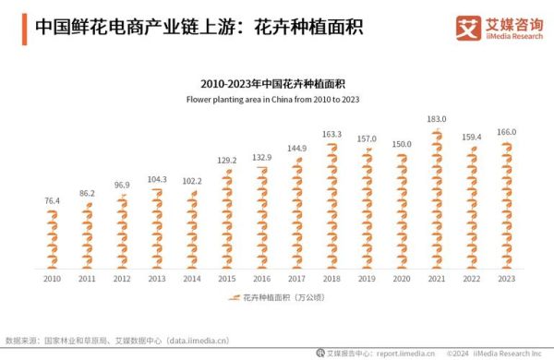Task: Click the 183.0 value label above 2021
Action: (436, 119)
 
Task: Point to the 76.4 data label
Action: (52, 200)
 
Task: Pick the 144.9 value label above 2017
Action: (296, 149)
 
